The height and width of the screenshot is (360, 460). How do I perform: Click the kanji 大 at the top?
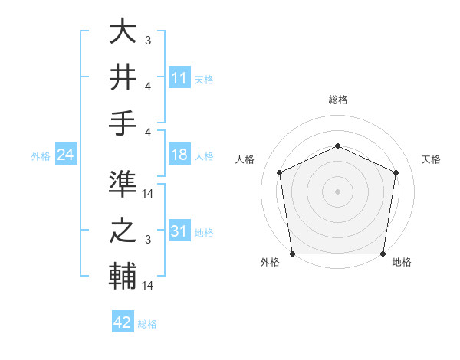pyautogui.click(x=123, y=33)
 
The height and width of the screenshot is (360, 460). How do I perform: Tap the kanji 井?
pyautogui.click(x=123, y=77)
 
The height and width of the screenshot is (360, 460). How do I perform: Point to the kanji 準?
pyautogui.click(x=123, y=185)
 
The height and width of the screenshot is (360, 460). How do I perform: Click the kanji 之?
pyautogui.click(x=123, y=229)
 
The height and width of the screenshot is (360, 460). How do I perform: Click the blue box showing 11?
pyautogui.click(x=179, y=78)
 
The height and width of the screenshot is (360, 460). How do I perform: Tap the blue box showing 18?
pyautogui.click(x=179, y=155)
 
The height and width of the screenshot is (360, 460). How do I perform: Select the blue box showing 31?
pyautogui.click(x=179, y=231)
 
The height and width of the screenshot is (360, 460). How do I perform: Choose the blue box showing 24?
pyautogui.click(x=66, y=155)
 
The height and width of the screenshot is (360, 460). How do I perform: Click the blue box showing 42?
pyautogui.click(x=123, y=322)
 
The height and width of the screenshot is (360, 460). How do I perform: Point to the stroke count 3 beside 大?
pyautogui.click(x=147, y=40)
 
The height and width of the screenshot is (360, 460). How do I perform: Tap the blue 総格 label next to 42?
pyautogui.click(x=147, y=324)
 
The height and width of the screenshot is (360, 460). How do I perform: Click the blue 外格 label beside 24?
pyautogui.click(x=41, y=156)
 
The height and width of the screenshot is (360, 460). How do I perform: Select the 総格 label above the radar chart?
pyautogui.click(x=337, y=100)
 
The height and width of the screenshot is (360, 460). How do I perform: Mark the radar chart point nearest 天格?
pyautogui.click(x=396, y=172)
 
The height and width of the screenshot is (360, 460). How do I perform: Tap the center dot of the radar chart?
pyautogui.click(x=337, y=191)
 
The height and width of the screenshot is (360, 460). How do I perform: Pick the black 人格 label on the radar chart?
pyautogui.click(x=245, y=159)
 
